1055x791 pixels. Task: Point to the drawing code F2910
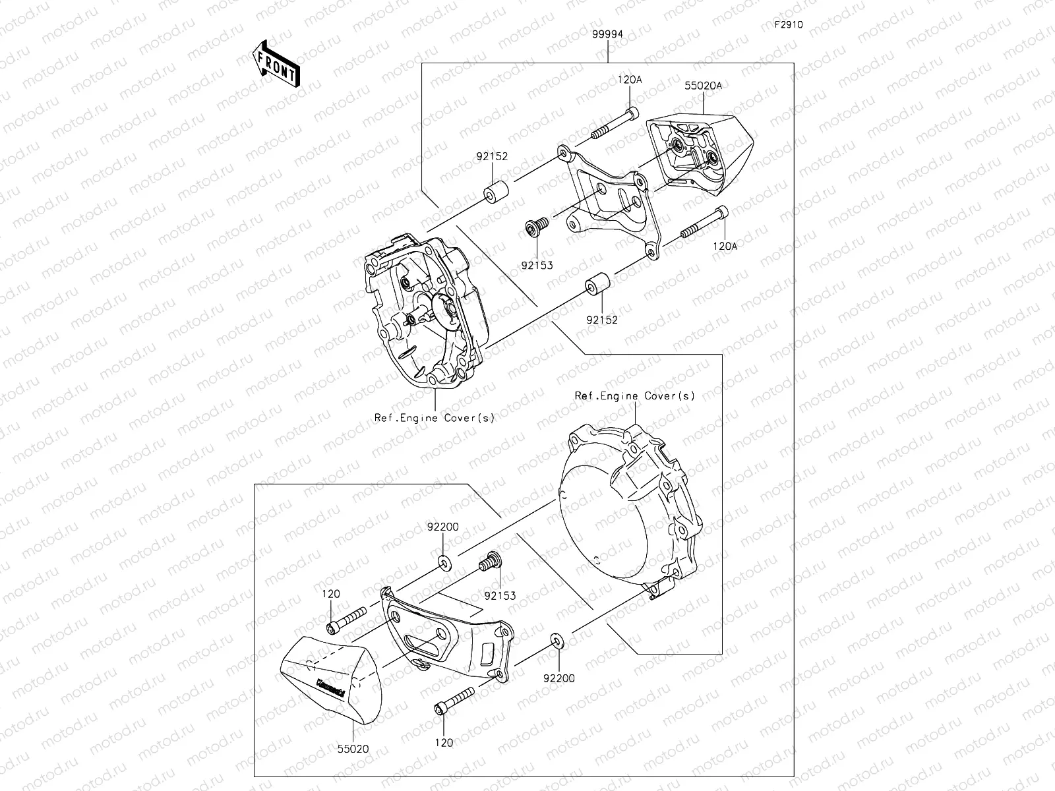pos(789,26)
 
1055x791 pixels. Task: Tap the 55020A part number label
pos(703,86)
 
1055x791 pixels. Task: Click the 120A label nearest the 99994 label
pos(630,80)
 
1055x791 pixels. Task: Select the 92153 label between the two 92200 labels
pos(500,595)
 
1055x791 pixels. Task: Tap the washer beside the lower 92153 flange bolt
pos(443,562)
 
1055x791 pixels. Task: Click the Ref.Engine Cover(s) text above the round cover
pos(634,396)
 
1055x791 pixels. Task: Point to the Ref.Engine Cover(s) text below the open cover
pos(434,418)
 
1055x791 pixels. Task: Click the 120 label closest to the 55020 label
pos(444,743)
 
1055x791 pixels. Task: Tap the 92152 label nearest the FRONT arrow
pos(492,158)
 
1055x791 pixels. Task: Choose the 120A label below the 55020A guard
pos(725,246)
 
